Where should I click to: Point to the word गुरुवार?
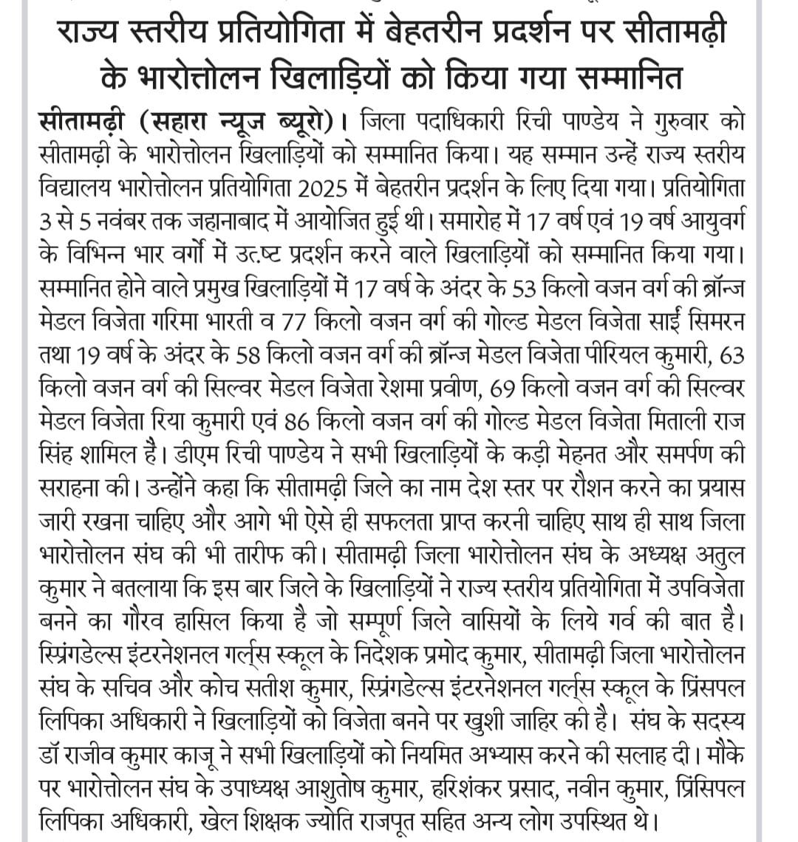pos(672,121)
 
